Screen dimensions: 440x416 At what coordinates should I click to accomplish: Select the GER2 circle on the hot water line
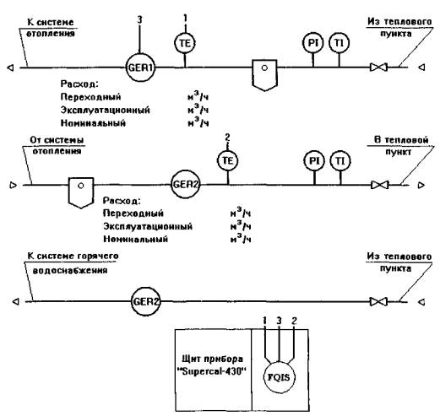146,302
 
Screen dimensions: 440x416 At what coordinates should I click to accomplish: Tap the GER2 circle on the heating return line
186,185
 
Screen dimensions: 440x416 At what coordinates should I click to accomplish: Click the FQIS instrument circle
279,377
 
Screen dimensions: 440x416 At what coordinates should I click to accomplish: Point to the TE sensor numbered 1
185,43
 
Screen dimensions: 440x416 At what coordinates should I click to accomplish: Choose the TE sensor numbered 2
228,160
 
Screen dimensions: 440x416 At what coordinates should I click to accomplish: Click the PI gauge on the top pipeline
313,43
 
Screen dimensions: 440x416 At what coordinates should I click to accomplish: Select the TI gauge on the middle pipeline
340,161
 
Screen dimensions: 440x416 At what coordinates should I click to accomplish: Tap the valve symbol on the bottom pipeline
378,302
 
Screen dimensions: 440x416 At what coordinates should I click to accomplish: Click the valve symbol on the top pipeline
378,68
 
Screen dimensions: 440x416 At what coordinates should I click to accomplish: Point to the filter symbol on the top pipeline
264,75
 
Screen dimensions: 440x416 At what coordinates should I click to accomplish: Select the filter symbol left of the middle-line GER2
81,192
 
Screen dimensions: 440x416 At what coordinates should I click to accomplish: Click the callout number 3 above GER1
139,19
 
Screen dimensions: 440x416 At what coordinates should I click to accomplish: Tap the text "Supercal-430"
212,371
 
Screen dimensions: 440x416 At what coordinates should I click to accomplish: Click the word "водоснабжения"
70,271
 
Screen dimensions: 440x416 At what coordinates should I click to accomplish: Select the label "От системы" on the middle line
57,140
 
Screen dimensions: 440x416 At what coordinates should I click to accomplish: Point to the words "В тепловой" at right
401,140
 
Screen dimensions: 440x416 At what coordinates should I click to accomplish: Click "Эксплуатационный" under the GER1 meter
106,110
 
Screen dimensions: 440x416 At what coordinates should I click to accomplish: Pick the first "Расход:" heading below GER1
79,84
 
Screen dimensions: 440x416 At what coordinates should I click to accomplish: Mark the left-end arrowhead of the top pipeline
10,68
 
